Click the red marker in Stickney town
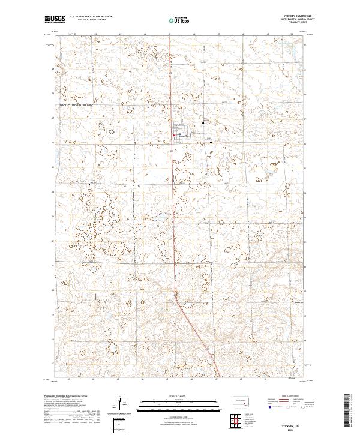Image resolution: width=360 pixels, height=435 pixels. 174,136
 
